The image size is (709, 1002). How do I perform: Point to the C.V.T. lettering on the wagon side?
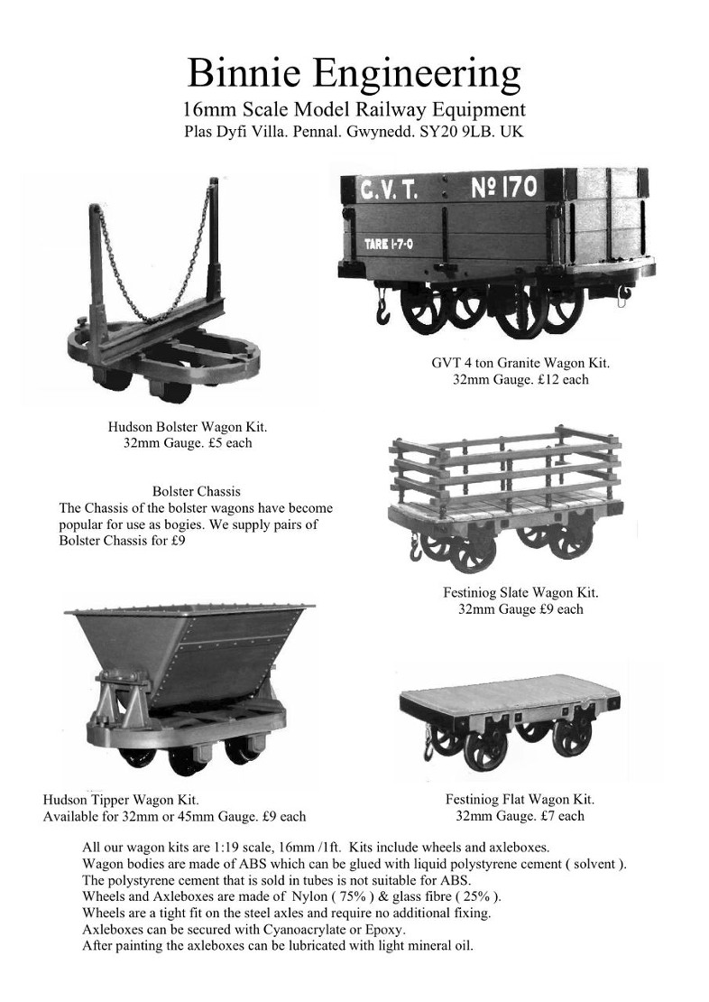click(390, 190)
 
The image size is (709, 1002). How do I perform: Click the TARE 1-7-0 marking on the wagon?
click(389, 244)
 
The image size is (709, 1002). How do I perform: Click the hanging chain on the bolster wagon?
click(156, 255)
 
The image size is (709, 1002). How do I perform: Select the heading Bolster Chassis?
click(197, 491)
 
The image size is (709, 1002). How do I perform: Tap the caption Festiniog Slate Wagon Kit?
click(520, 592)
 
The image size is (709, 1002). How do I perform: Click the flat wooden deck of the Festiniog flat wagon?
click(509, 690)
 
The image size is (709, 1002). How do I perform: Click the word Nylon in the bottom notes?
click(309, 896)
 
